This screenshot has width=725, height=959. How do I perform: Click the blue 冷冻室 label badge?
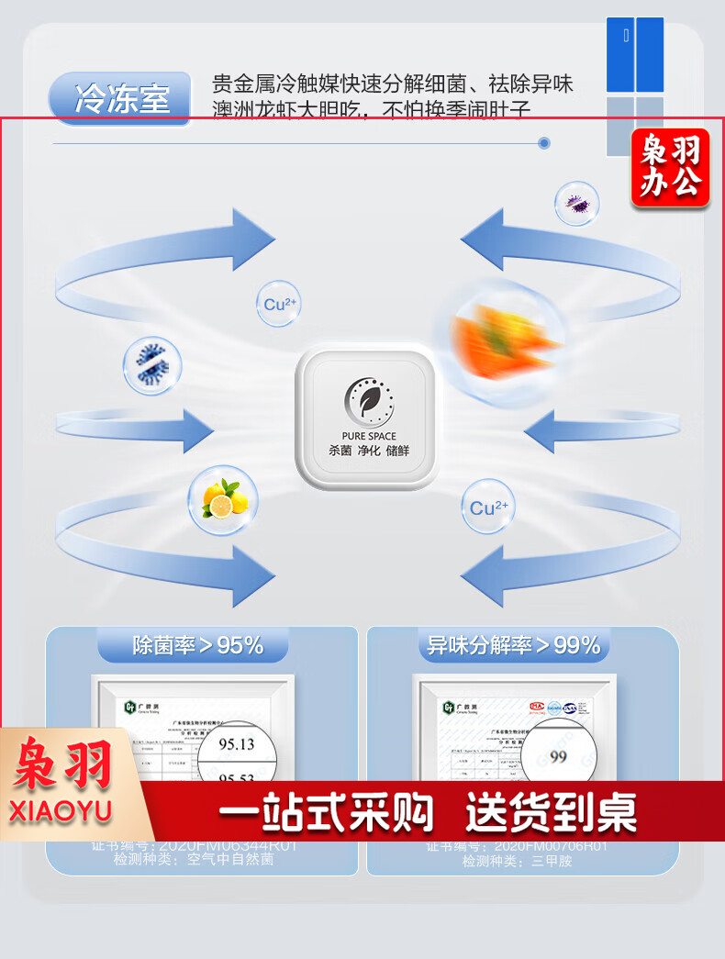121,97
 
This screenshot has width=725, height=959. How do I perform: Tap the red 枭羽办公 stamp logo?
670,167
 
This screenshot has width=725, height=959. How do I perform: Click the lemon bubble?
223,499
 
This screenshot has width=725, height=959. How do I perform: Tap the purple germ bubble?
577,203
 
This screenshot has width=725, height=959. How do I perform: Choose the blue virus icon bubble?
152,366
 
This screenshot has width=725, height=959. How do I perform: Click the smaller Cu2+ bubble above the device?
277,304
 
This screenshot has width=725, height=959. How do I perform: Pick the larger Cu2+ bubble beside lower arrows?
488,507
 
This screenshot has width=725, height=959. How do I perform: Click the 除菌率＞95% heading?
197,645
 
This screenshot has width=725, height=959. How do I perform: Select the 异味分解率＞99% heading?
513,645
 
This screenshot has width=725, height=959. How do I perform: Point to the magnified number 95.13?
237,743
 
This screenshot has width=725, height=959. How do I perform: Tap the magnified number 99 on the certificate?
558,756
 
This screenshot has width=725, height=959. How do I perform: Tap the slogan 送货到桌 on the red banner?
551,812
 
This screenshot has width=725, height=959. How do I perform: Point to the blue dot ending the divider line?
544,143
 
